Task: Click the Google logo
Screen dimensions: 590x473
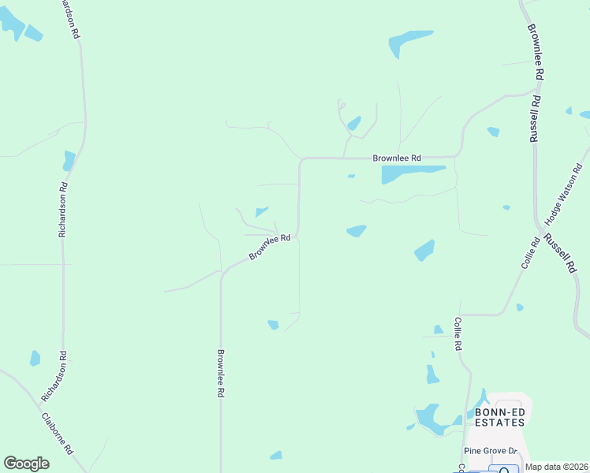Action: [26, 463]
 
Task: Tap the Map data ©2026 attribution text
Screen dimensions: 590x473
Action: [556, 467]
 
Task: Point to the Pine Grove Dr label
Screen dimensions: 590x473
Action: [489, 451]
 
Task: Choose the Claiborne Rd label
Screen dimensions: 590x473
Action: [57, 434]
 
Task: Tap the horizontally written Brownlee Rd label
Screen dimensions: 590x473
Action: [397, 158]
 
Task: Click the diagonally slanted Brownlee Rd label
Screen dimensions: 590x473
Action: [271, 247]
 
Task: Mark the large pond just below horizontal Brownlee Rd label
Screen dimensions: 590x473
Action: [411, 173]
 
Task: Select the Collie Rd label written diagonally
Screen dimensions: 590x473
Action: [529, 253]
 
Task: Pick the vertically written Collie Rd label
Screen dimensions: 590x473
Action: [457, 333]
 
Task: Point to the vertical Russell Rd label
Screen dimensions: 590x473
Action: [535, 119]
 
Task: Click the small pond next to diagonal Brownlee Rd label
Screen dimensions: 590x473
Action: [261, 211]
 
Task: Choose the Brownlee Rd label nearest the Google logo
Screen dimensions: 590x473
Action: [222, 373]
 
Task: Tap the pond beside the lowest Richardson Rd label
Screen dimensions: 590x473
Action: [35, 358]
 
